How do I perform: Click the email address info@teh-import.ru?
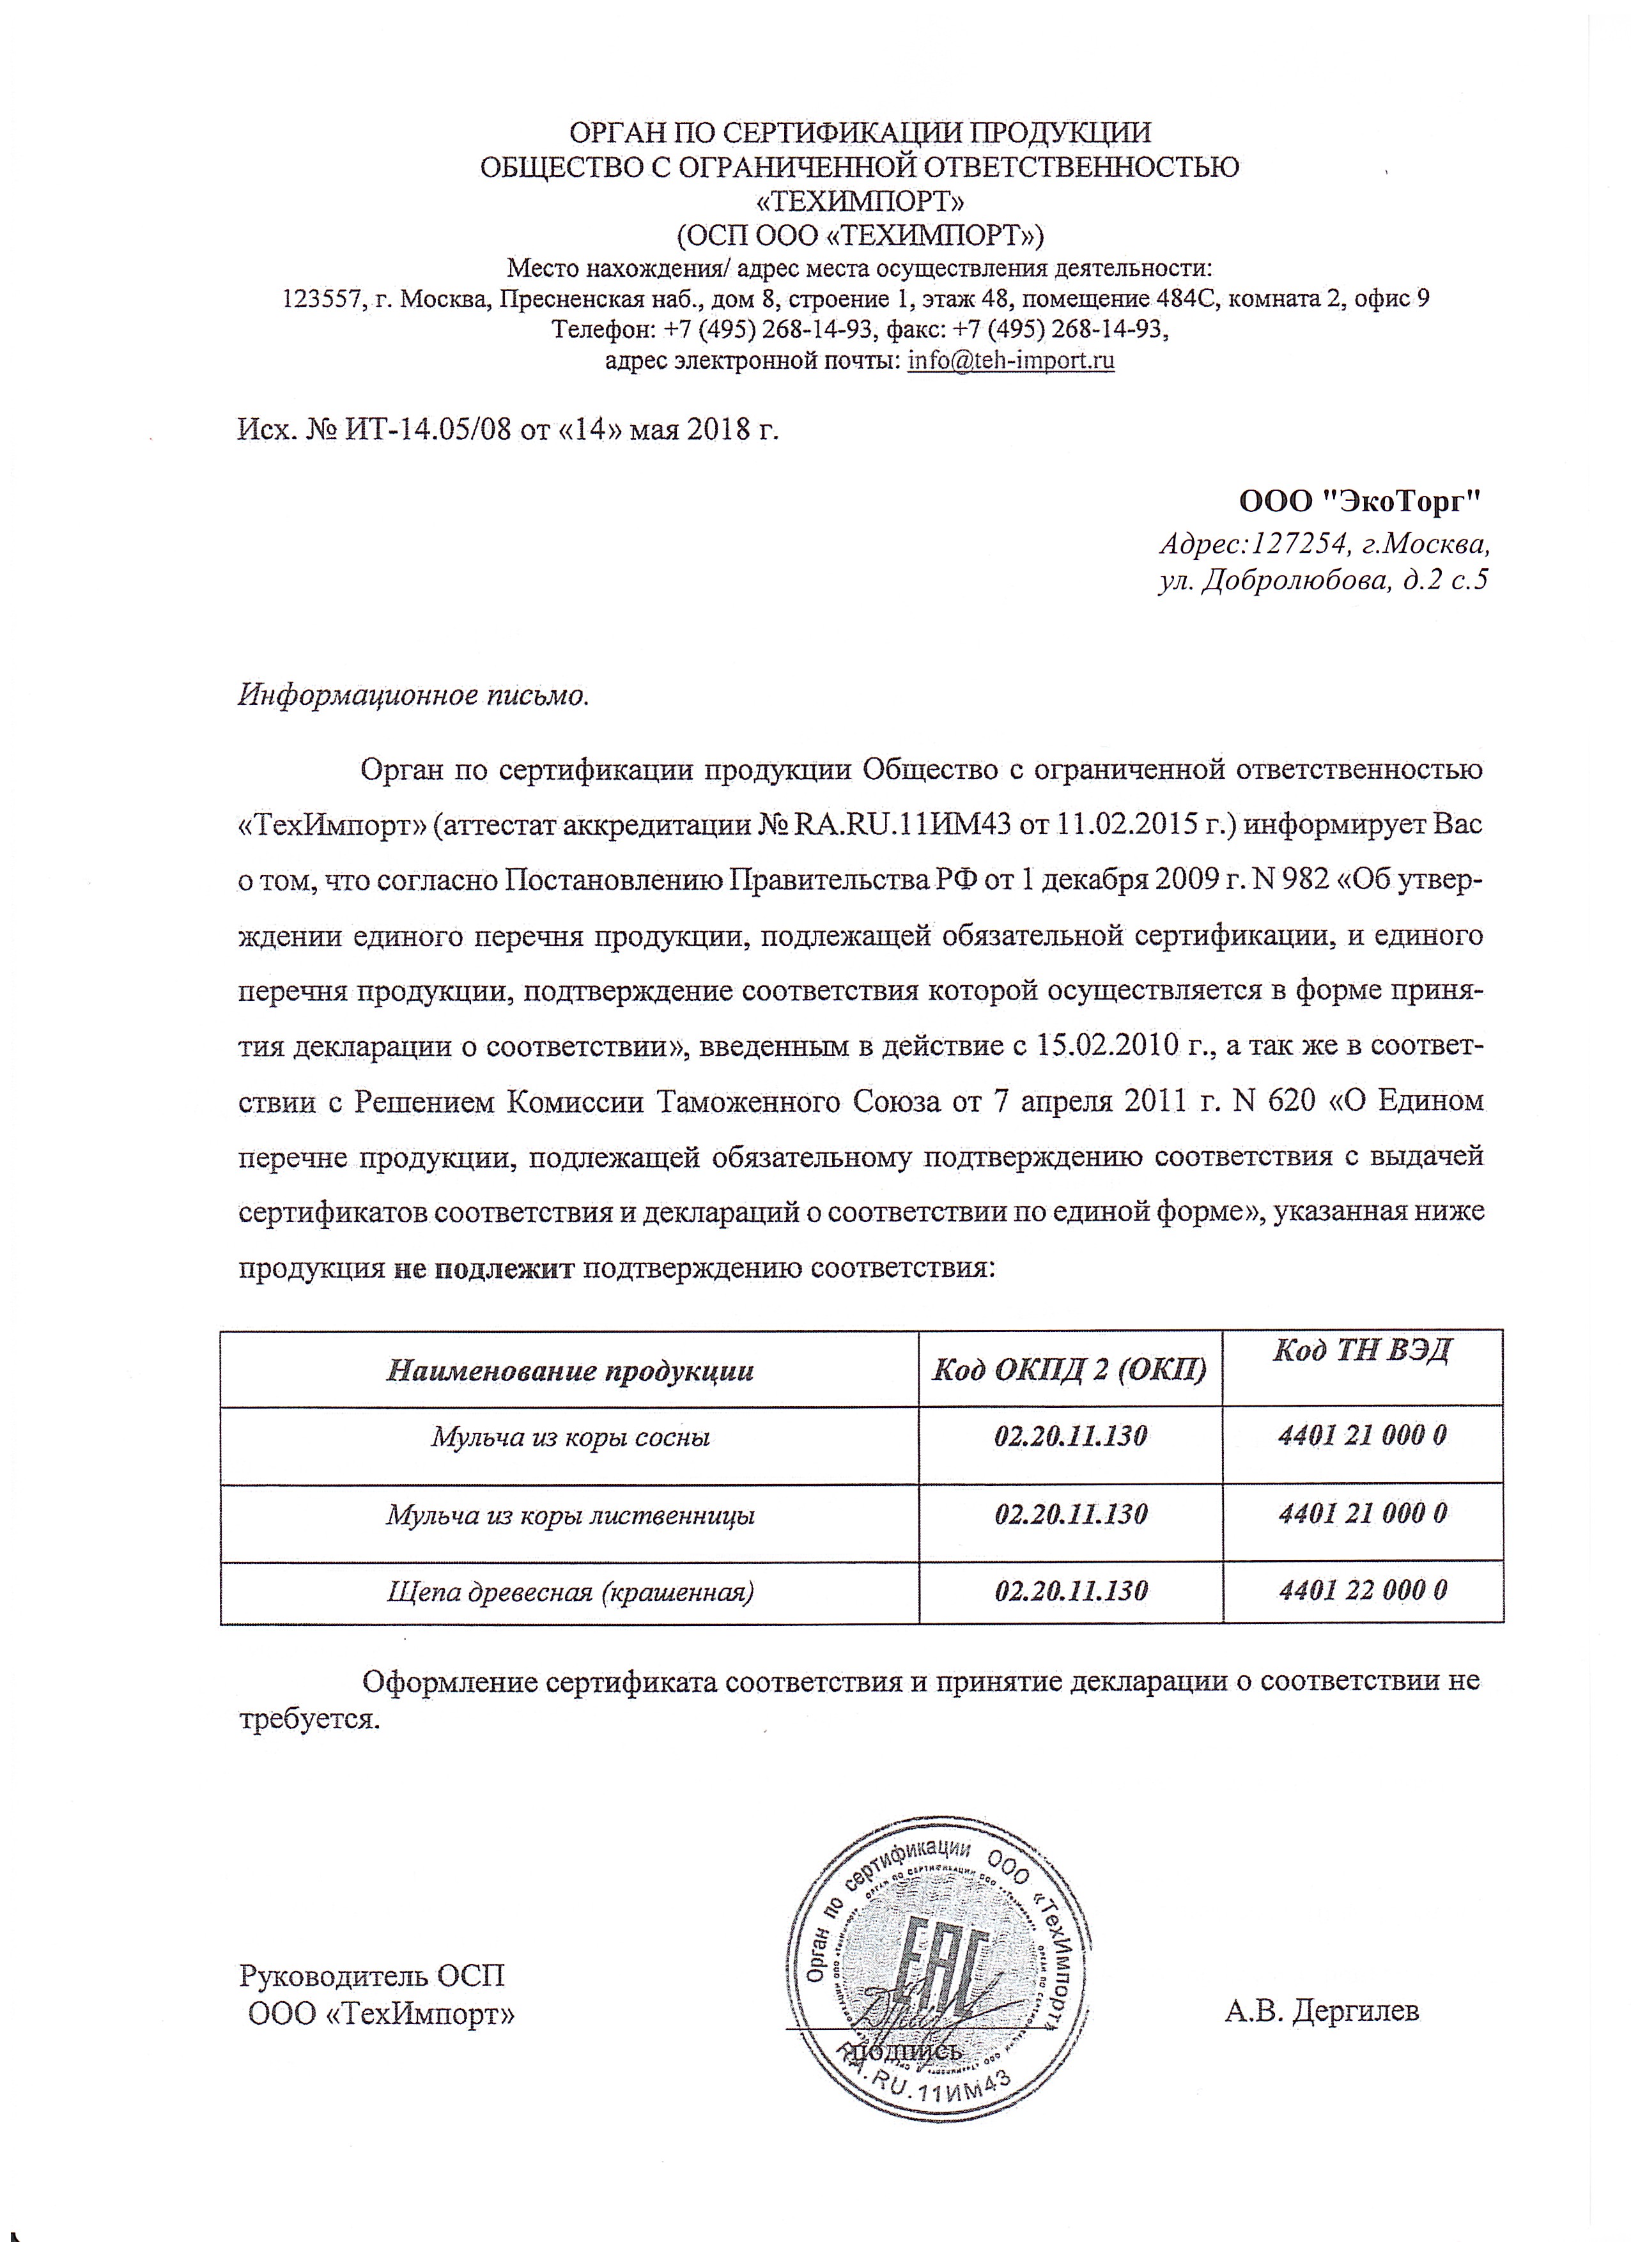point(1010,361)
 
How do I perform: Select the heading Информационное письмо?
point(414,695)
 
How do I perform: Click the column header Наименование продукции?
point(569,1370)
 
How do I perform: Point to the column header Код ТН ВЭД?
point(1361,1350)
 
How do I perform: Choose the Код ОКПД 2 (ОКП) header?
point(1071,1370)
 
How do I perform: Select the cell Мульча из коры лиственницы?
point(570,1515)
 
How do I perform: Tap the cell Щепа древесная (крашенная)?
point(570,1591)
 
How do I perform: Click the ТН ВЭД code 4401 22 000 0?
point(1362,1591)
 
